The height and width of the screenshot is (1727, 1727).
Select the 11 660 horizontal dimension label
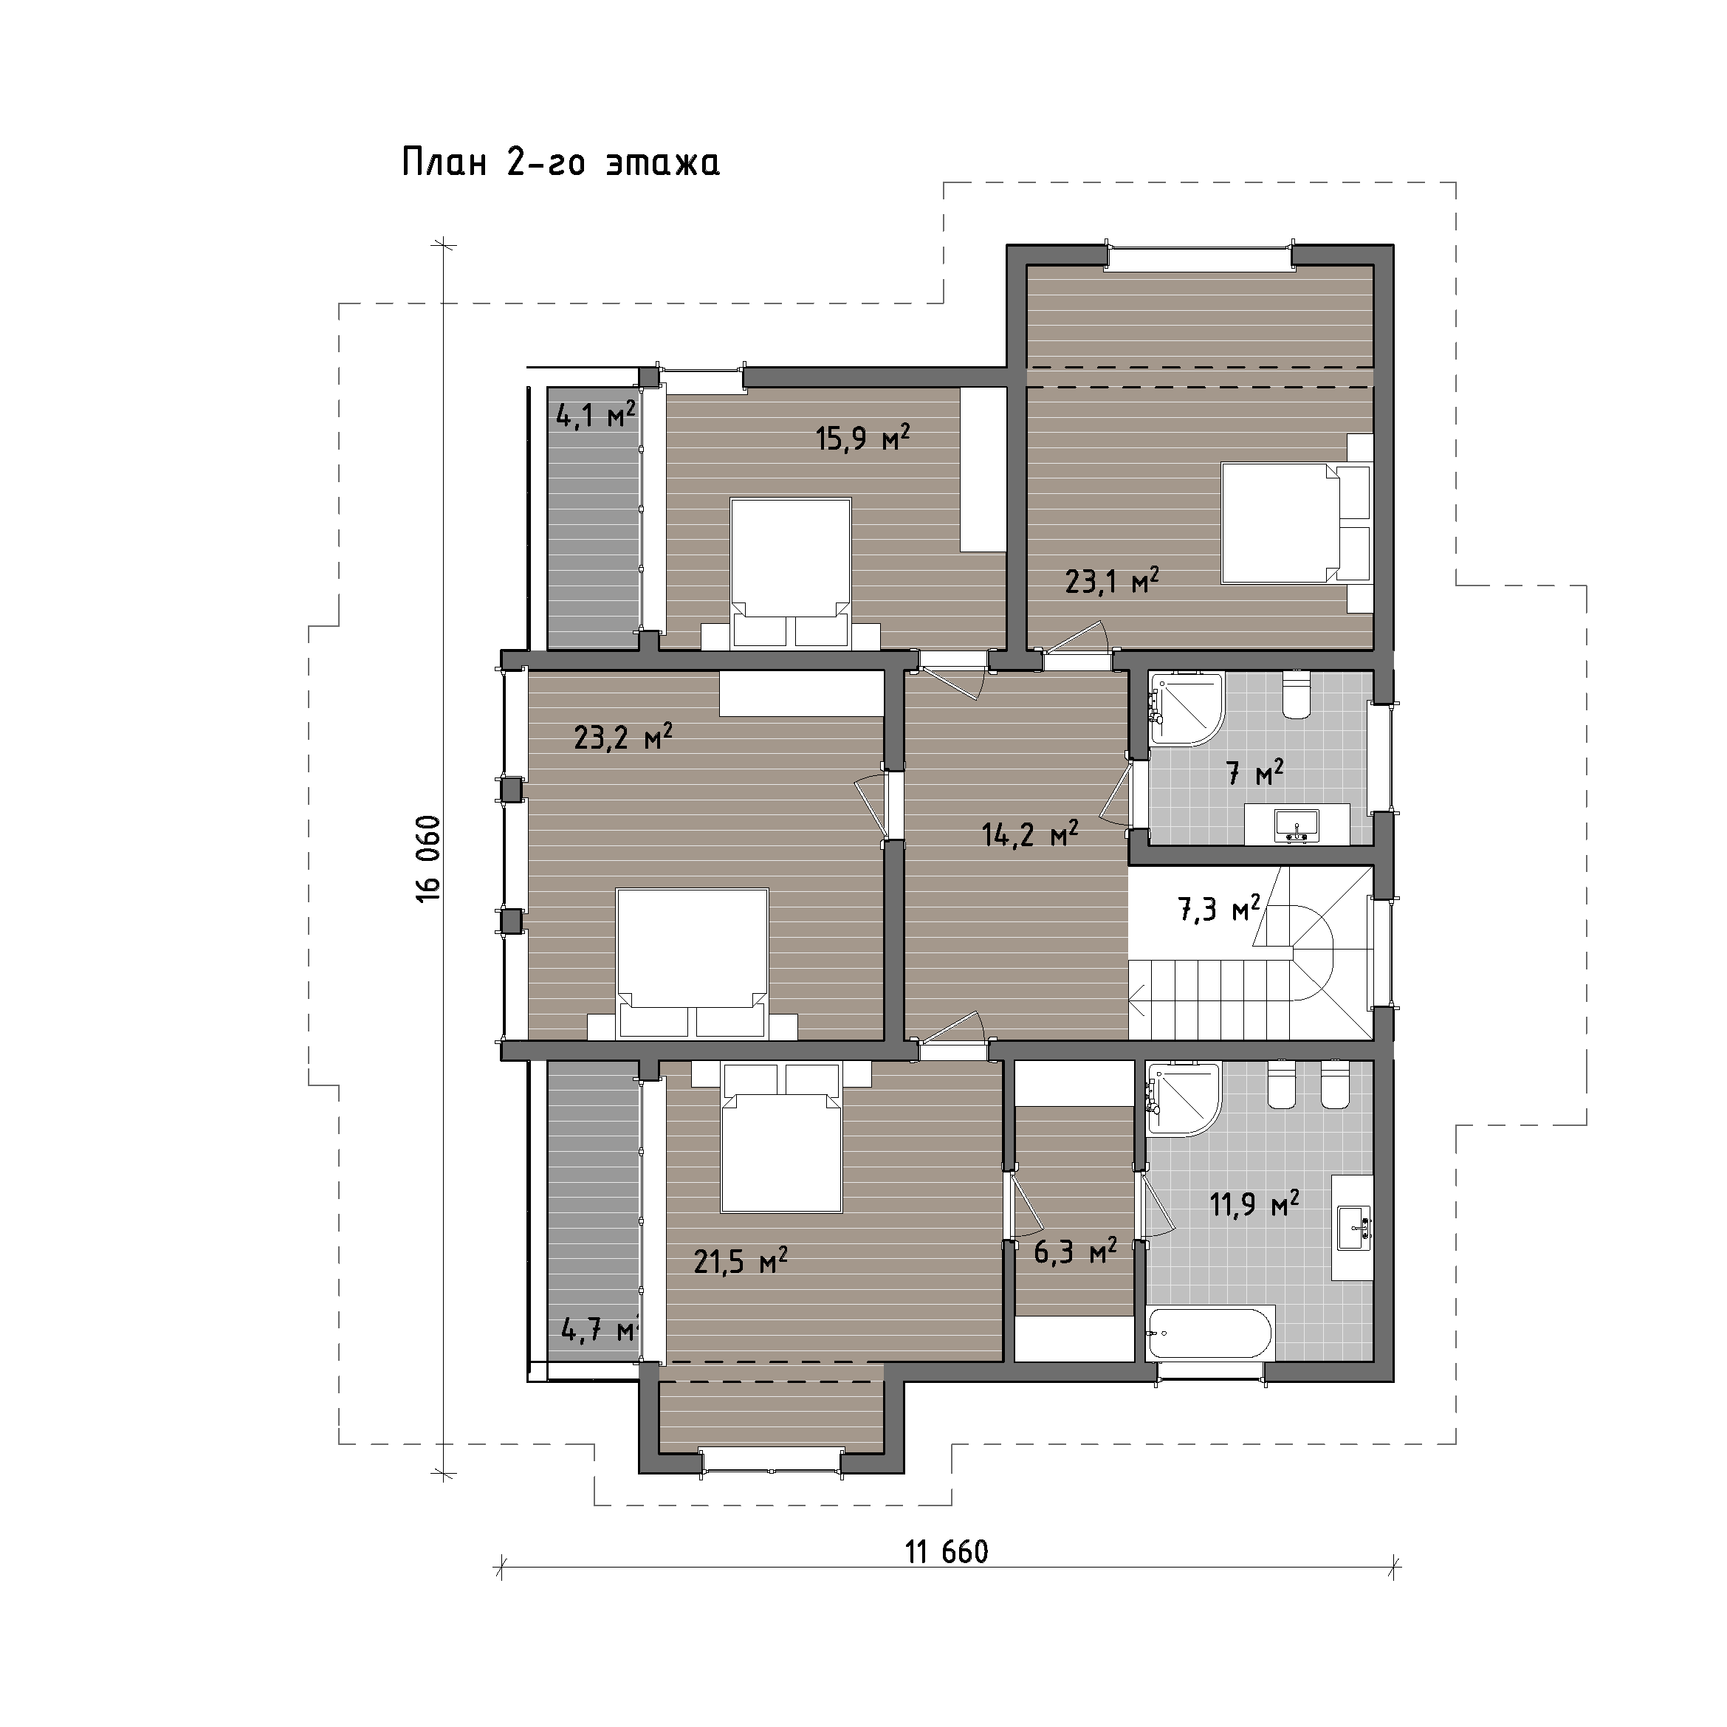click(x=947, y=1553)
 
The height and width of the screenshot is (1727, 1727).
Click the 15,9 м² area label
click(x=862, y=437)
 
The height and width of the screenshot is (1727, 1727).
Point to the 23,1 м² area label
click(x=1112, y=581)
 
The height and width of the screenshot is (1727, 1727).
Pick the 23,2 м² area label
click(x=623, y=738)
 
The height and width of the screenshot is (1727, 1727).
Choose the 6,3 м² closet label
click(x=1075, y=1251)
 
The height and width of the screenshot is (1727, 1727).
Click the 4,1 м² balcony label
click(x=595, y=415)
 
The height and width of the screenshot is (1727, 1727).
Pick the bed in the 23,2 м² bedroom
click(x=693, y=963)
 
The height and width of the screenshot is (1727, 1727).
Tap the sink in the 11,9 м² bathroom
click(x=1353, y=1227)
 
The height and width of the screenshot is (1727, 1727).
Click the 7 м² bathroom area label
click(x=1255, y=772)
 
